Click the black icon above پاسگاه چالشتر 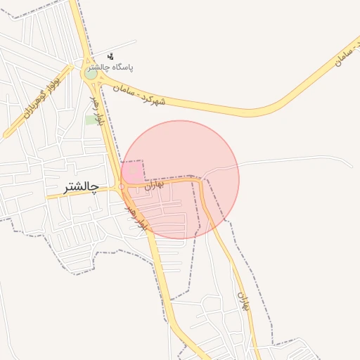coord(110,56)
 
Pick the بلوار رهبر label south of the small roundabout coord(136,216)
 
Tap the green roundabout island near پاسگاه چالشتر coord(91,73)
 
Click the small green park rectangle coord(91,120)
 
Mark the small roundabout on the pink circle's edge coord(122,186)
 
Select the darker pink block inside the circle coord(132,171)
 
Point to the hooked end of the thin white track coord(350,165)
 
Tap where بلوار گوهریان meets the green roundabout coord(82,69)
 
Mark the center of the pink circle coord(181,179)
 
